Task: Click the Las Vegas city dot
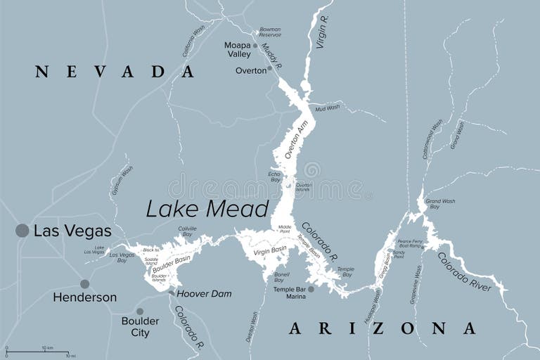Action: tap(22, 230)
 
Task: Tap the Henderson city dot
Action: tap(85, 284)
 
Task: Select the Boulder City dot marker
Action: tap(140, 311)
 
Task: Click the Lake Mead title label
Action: tap(207, 209)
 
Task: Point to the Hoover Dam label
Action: tap(203, 294)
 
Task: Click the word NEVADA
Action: tap(115, 71)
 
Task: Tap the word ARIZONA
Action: tap(382, 328)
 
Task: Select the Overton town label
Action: tap(250, 70)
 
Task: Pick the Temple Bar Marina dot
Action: tap(311, 288)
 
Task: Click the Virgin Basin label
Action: tap(271, 249)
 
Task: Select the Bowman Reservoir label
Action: tap(270, 32)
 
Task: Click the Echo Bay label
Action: tap(274, 176)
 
